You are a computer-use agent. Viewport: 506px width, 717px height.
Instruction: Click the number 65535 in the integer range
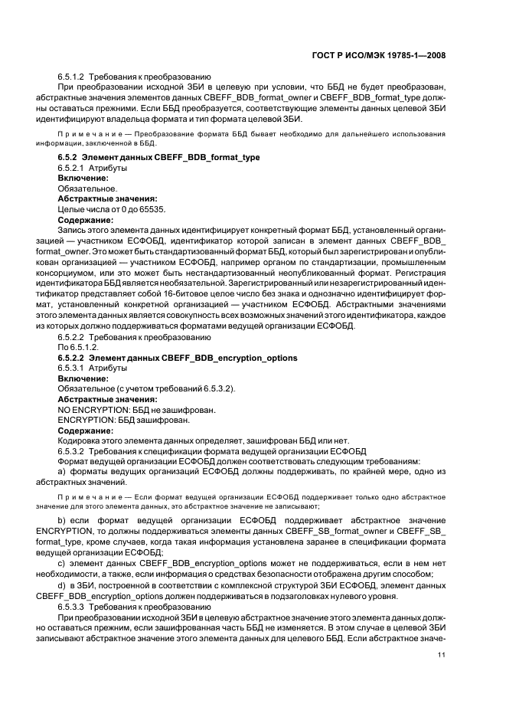pos(150,208)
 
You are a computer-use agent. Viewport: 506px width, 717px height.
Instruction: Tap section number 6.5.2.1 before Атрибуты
pos(72,167)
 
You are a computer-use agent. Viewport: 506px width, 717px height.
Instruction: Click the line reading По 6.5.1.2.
pos(79,347)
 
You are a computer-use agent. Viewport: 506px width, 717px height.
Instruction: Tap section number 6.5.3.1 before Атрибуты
pos(72,368)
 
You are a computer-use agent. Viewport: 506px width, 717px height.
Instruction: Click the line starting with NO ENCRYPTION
pos(136,409)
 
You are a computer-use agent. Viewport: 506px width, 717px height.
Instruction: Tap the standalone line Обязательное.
pos(87,188)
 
